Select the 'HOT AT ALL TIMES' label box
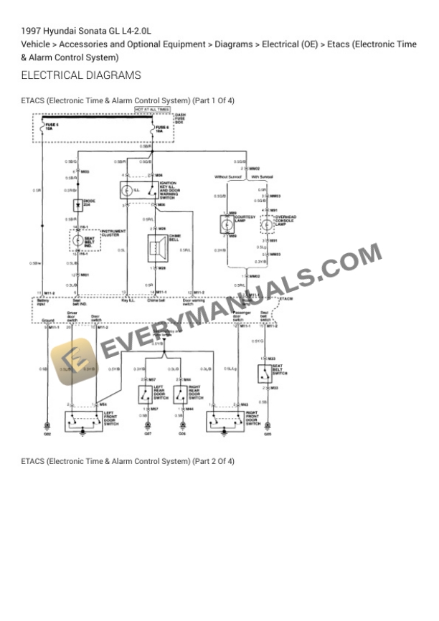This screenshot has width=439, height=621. pyautogui.click(x=153, y=110)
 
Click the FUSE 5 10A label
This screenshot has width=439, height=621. pyautogui.click(x=51, y=128)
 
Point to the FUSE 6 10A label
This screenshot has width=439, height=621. pyautogui.click(x=162, y=130)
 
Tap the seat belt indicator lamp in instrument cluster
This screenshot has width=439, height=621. pyautogui.click(x=78, y=241)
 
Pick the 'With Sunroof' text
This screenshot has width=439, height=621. pyautogui.click(x=265, y=176)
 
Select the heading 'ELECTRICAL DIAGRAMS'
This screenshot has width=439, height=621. pyautogui.click(x=81, y=75)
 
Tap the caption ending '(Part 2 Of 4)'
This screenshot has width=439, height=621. pyautogui.click(x=128, y=461)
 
